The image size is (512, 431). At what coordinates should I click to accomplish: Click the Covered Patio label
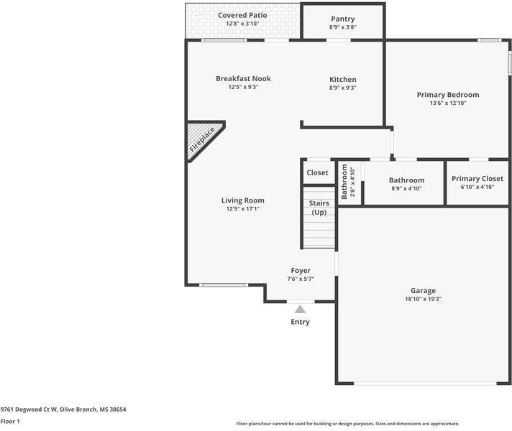pyautogui.click(x=242, y=15)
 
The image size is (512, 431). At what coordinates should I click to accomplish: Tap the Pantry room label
pyautogui.click(x=342, y=19)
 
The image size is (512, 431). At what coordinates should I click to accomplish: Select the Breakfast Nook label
pyautogui.click(x=243, y=79)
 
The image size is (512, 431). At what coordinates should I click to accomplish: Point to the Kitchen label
pyautogui.click(x=342, y=80)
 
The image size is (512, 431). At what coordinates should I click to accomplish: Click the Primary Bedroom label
pyautogui.click(x=447, y=95)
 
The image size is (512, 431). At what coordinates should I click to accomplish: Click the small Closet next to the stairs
pyautogui.click(x=317, y=173)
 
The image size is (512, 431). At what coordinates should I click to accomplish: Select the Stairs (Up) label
pyautogui.click(x=319, y=208)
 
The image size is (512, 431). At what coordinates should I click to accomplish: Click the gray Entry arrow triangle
pyautogui.click(x=300, y=308)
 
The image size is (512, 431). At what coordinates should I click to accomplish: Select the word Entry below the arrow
pyautogui.click(x=300, y=322)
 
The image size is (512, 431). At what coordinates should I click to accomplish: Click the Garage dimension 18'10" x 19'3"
pyautogui.click(x=423, y=298)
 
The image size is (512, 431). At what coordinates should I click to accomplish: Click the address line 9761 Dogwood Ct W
pyautogui.click(x=63, y=409)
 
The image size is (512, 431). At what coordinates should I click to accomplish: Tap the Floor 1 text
pyautogui.click(x=10, y=422)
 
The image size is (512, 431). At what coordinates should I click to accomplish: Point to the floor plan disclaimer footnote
pyautogui.click(x=347, y=424)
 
